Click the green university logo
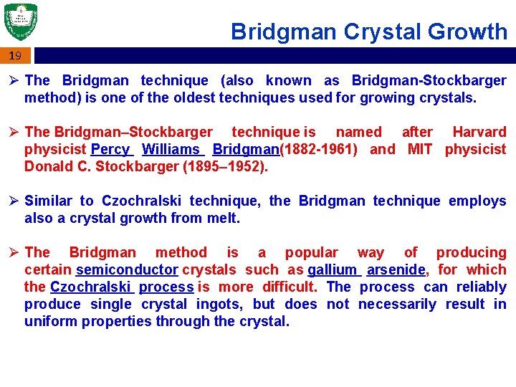[x=20, y=22]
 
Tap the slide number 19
[x=15, y=55]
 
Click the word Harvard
[x=479, y=132]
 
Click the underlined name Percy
[x=110, y=149]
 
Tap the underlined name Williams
[x=172, y=149]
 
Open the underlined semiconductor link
[x=127, y=269]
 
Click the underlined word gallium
[x=333, y=269]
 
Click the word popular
[x=312, y=252]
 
